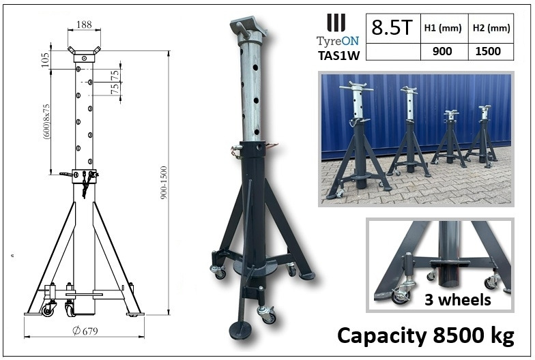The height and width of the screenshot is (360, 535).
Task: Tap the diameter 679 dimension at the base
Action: [x=83, y=332]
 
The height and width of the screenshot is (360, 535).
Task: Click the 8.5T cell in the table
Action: [x=390, y=28]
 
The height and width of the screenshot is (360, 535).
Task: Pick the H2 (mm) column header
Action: [x=490, y=28]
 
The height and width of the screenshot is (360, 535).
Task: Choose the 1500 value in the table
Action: [x=490, y=50]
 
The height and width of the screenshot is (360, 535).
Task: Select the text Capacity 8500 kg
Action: [x=425, y=335]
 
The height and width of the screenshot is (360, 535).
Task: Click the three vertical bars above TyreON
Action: [x=335, y=22]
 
